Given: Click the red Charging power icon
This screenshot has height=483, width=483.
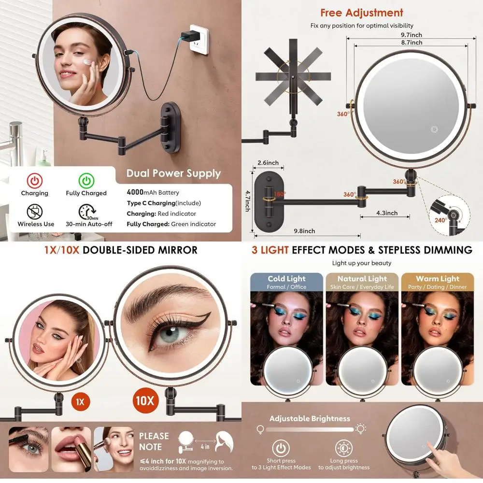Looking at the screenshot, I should pos(34,181).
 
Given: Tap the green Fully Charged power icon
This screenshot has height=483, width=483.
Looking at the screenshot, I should pos(86,181).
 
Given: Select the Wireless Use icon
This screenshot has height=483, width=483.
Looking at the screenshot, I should pos(35,212).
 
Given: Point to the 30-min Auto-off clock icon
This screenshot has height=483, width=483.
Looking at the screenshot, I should pos(86,212).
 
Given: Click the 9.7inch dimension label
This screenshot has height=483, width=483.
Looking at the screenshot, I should pos(412,35).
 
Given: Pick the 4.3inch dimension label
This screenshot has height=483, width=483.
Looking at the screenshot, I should pos(387,213).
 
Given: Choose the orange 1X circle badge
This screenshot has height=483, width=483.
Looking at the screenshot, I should pos(80,401).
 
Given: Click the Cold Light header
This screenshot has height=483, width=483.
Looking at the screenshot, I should pos(286,279).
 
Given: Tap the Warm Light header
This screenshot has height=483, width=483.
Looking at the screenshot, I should pos(437,279).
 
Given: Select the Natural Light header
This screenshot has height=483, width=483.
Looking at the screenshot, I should pos(362,279).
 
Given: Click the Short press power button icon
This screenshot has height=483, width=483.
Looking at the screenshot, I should pos(281,448).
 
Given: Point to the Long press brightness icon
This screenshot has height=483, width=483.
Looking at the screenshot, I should pos(344,448).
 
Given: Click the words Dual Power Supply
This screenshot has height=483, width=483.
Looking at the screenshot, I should pos(173,173).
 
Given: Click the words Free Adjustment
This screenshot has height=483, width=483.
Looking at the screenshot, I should pos(362,13).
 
